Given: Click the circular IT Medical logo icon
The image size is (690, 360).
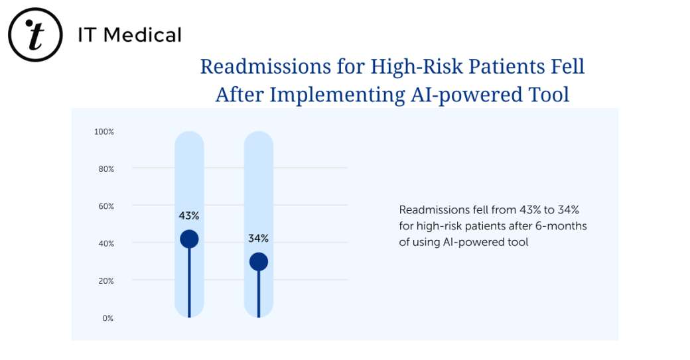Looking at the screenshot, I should (x=34, y=34).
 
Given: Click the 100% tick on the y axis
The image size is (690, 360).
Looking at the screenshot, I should (x=104, y=132).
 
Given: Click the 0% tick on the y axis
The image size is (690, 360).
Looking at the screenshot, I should (x=107, y=318).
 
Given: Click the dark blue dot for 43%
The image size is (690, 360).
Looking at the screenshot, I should (x=189, y=239).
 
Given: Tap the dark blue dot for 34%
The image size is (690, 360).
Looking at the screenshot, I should (x=259, y=262).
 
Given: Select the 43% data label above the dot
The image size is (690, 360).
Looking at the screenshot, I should (x=189, y=215).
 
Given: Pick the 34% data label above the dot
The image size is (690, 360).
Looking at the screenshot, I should (x=259, y=239).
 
